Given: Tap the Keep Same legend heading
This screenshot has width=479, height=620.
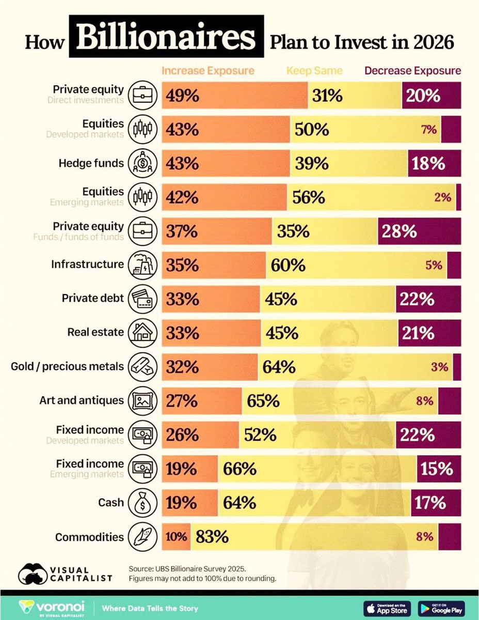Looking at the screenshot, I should point(314,71).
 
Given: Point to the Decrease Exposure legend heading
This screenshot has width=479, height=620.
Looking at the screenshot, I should point(413,71).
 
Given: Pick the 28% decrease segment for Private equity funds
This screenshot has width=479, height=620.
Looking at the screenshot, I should point(399,231).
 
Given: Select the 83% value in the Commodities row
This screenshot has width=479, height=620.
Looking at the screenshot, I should point(212,537).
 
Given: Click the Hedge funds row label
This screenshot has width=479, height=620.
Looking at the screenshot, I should point(91,163).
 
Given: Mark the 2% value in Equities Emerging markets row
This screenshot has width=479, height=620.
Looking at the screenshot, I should point(442,197).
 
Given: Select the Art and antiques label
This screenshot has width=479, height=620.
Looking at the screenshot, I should point(82,400).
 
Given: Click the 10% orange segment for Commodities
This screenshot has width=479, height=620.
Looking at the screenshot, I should point(176,537).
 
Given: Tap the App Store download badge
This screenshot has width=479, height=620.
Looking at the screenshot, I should point(387,608).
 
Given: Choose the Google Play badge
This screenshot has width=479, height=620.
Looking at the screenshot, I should point(441,608).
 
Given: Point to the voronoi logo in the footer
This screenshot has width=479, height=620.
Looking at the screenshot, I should point(52,608).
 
